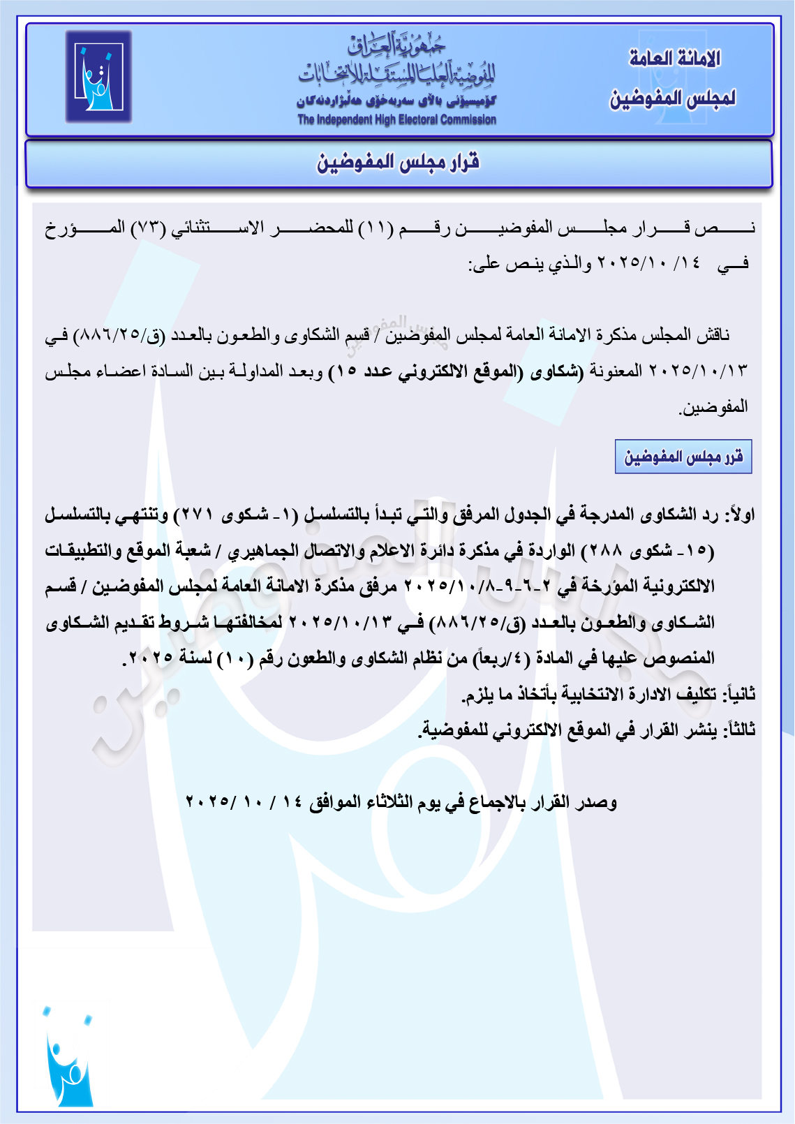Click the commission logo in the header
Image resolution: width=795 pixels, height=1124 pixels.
click(x=98, y=76)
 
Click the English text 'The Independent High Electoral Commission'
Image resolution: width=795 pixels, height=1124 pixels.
click(x=396, y=120)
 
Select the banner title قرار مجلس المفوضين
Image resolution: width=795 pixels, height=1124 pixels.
click(x=399, y=163)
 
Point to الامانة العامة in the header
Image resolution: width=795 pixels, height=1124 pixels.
click(x=674, y=59)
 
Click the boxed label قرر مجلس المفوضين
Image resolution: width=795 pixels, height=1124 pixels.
click(x=683, y=457)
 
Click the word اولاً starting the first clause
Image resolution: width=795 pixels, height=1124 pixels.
click(x=740, y=516)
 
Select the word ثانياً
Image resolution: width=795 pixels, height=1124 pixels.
click(x=740, y=695)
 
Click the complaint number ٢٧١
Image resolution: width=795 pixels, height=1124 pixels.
click(x=198, y=516)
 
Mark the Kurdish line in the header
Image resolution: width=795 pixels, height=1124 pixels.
click(x=396, y=101)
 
